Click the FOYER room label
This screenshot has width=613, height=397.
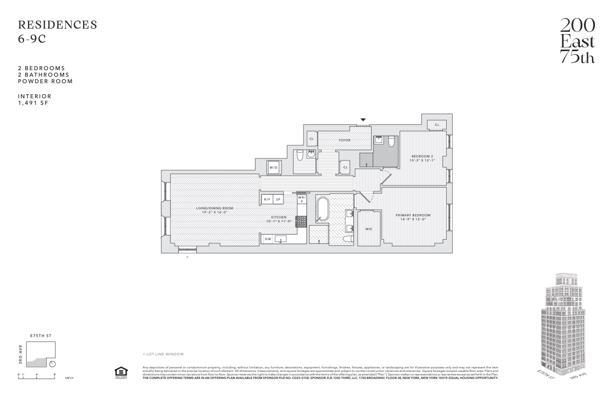[x=345, y=140]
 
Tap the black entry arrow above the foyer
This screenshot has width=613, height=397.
[x=363, y=119]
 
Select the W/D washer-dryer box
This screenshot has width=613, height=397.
[x=273, y=167]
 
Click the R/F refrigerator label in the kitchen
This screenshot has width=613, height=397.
[x=267, y=200]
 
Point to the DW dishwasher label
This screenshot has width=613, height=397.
[x=268, y=239]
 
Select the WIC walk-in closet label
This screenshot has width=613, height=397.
[x=369, y=229]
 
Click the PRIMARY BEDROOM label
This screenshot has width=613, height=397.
[x=413, y=215]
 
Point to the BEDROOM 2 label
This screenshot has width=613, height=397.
[x=422, y=155]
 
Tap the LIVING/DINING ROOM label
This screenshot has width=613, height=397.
[x=214, y=208]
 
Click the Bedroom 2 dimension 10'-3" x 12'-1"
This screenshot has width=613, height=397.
[x=422, y=160]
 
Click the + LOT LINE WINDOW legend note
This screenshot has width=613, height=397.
[x=163, y=354]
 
